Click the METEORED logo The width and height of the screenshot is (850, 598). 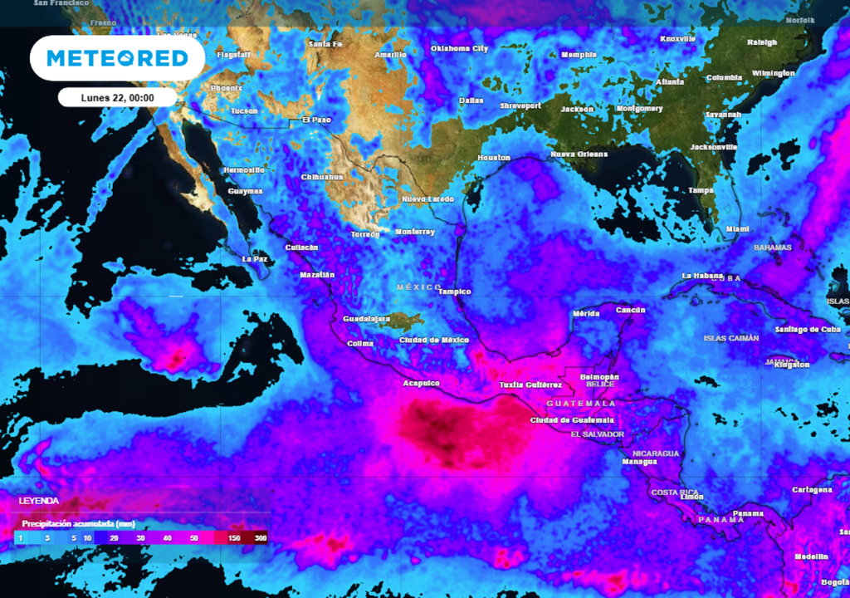[116, 58]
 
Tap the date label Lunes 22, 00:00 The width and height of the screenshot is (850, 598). [117, 97]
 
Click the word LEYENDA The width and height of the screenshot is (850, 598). [39, 501]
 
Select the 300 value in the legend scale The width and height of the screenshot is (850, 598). [261, 538]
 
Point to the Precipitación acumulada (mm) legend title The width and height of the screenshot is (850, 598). [79, 524]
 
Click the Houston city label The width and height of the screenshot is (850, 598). [494, 158]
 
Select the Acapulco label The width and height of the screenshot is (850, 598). [421, 383]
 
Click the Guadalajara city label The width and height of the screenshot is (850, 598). [366, 319]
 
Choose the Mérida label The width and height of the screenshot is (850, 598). [586, 313]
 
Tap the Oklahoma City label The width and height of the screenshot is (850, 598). [459, 49]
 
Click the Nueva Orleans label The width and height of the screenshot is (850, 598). [579, 154]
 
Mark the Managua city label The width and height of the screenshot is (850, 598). [639, 461]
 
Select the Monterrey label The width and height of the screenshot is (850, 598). [415, 232]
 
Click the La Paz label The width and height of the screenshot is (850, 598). [254, 259]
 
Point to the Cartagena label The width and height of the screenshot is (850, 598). [812, 490]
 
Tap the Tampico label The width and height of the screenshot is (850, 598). [455, 292]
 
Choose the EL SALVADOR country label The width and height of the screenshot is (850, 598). [597, 434]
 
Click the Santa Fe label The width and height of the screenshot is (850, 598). [325, 44]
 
